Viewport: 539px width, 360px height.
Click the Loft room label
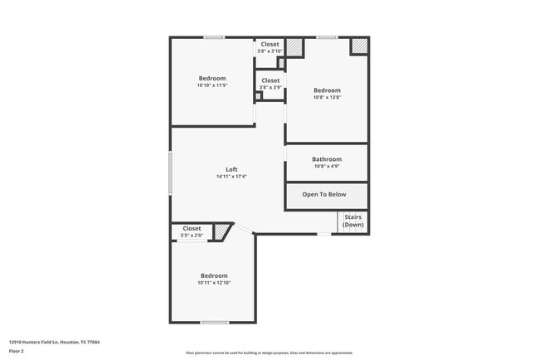pyautogui.click(x=231, y=169)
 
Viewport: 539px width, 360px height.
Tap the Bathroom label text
pyautogui.click(x=327, y=159)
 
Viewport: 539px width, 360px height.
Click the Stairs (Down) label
pyautogui.click(x=353, y=221)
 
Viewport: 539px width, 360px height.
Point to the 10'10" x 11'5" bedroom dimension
pyautogui.click(x=211, y=85)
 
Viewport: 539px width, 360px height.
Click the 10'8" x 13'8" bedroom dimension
pyautogui.click(x=327, y=97)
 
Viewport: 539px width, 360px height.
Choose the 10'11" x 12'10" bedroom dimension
pyautogui.click(x=214, y=283)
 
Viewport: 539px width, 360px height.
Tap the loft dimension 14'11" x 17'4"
pyautogui.click(x=231, y=177)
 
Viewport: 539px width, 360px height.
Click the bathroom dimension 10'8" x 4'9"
pyautogui.click(x=327, y=166)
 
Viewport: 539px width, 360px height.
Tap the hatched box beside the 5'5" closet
pyautogui.click(x=221, y=232)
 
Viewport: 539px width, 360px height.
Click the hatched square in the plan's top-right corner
pyautogui.click(x=358, y=46)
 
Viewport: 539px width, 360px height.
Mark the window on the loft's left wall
pyautogui.click(x=171, y=173)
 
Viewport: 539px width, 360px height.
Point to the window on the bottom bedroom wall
pyautogui.click(x=214, y=322)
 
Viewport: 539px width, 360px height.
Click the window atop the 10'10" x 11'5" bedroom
pyautogui.click(x=214, y=36)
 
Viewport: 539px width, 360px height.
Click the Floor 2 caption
pyautogui.click(x=17, y=351)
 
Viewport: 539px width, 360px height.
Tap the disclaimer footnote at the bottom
pyautogui.click(x=269, y=353)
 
